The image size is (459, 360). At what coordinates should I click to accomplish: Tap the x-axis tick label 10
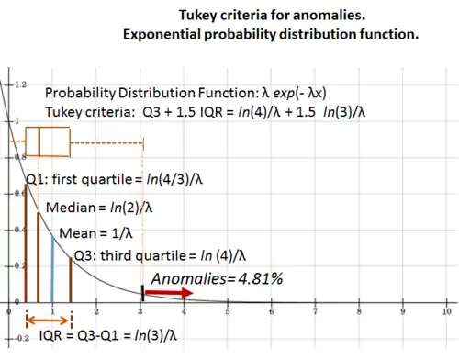445,312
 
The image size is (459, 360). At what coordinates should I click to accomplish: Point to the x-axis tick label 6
271,312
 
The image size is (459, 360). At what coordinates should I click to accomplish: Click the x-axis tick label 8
358,312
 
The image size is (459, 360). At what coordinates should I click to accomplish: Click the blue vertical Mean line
52,266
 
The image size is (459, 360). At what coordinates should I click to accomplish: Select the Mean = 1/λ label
92,233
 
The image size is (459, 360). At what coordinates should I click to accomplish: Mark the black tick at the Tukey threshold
141,293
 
